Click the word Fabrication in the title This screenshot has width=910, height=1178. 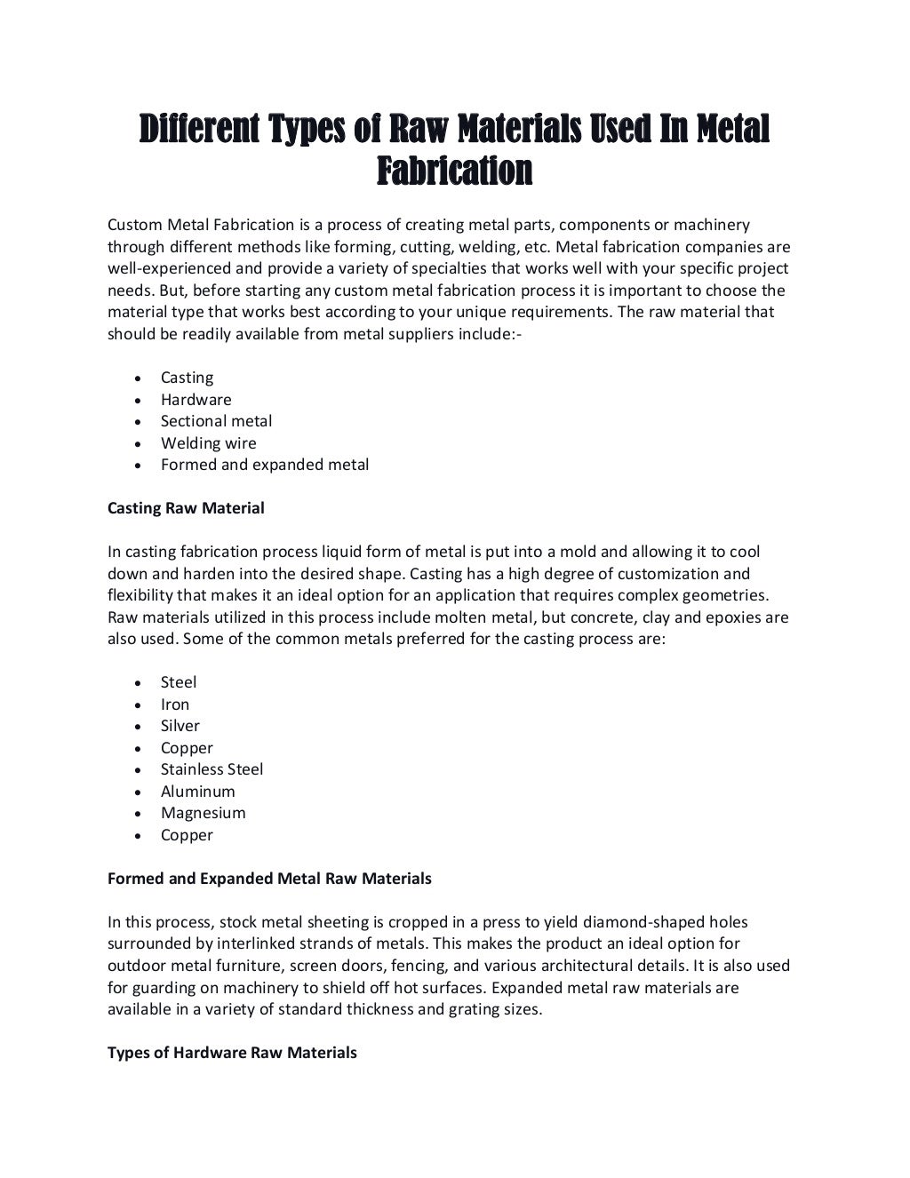pos(454,171)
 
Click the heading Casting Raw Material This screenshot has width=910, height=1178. pos(186,508)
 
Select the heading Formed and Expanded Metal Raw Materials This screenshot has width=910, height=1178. pos(269,879)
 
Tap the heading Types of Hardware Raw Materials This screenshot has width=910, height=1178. pos(232,1053)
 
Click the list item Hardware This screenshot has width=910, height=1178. pos(196,400)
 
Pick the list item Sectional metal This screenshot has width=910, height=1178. pos(216,421)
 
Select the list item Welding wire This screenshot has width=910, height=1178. pos(208,443)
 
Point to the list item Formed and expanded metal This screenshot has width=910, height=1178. pos(264,465)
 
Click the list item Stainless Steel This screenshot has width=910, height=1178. pos(212,769)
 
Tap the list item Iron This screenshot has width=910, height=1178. pos(175,704)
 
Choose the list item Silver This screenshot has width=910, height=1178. pos(180,726)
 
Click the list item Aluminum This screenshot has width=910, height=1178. pos(197,792)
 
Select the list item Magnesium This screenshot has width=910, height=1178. pos(203,813)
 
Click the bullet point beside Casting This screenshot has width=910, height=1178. pos(138,379)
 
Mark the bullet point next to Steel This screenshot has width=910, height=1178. pos(138,684)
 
